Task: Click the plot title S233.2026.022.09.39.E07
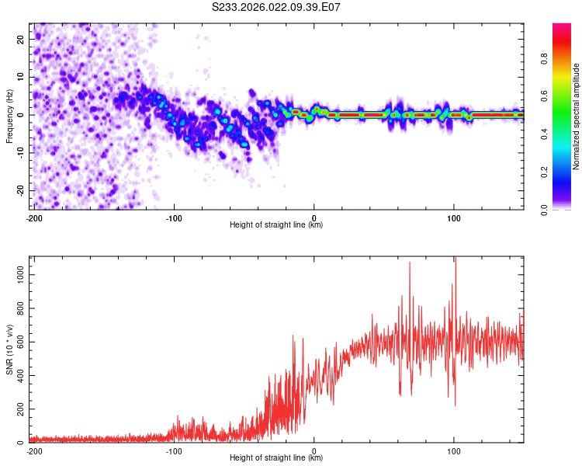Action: (277, 7)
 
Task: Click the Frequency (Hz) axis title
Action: (9, 115)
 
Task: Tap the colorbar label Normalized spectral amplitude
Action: (577, 116)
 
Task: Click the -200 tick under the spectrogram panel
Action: (34, 217)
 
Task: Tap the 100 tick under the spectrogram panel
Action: (454, 217)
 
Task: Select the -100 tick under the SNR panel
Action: (174, 450)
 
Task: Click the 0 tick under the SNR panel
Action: (314, 450)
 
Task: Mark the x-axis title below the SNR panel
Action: (276, 458)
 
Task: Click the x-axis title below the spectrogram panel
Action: (276, 225)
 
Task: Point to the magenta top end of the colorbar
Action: (561, 26)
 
